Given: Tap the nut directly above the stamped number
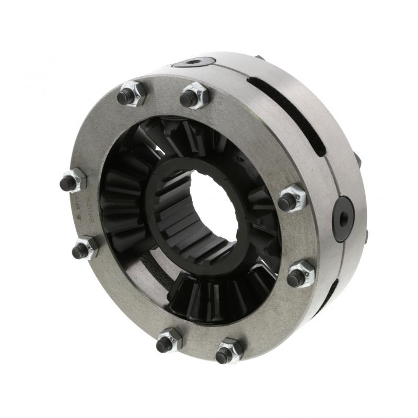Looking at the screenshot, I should click(x=72, y=181).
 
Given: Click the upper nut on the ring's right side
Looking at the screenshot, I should click(x=291, y=200).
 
